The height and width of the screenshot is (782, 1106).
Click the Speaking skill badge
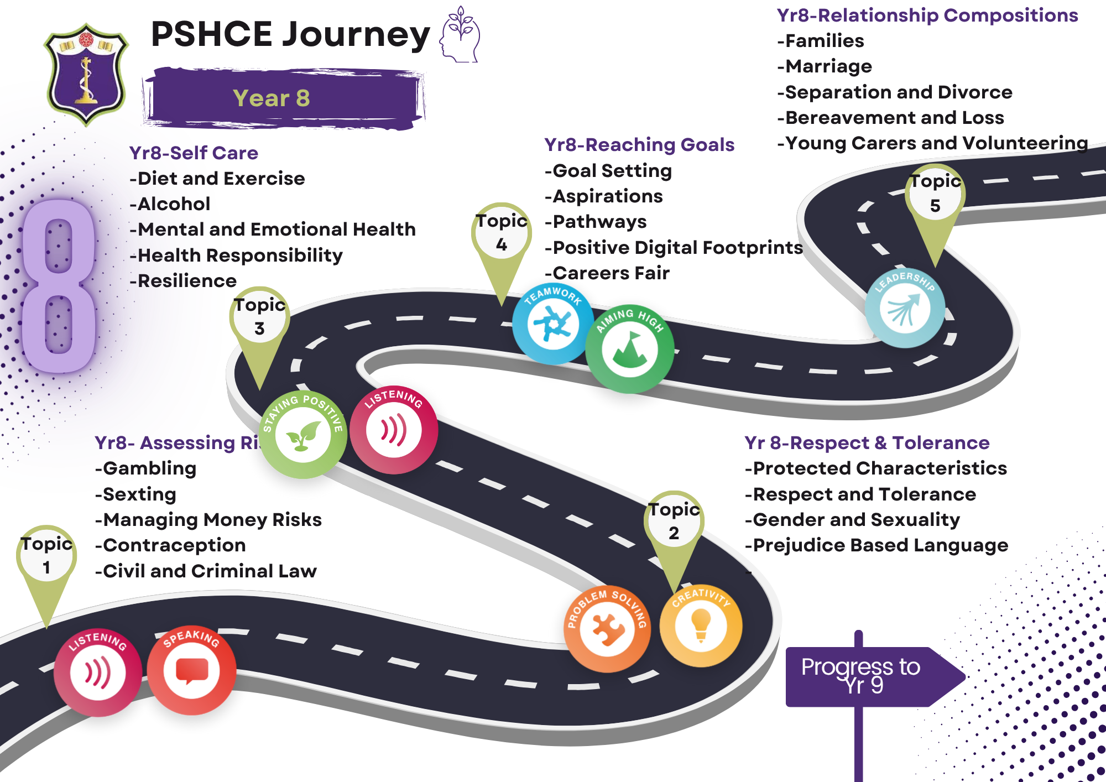click(191, 670)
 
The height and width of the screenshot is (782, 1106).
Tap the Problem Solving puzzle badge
click(607, 629)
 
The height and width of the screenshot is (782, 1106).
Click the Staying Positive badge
click(302, 435)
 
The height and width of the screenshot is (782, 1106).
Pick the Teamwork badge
click(552, 324)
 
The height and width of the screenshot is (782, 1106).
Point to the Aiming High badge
click(629, 349)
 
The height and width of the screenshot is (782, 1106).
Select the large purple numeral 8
click(59, 286)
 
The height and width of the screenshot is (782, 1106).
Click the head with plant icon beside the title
click(460, 34)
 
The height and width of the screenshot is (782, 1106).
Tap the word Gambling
click(149, 468)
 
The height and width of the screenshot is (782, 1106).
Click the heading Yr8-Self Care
click(194, 153)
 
